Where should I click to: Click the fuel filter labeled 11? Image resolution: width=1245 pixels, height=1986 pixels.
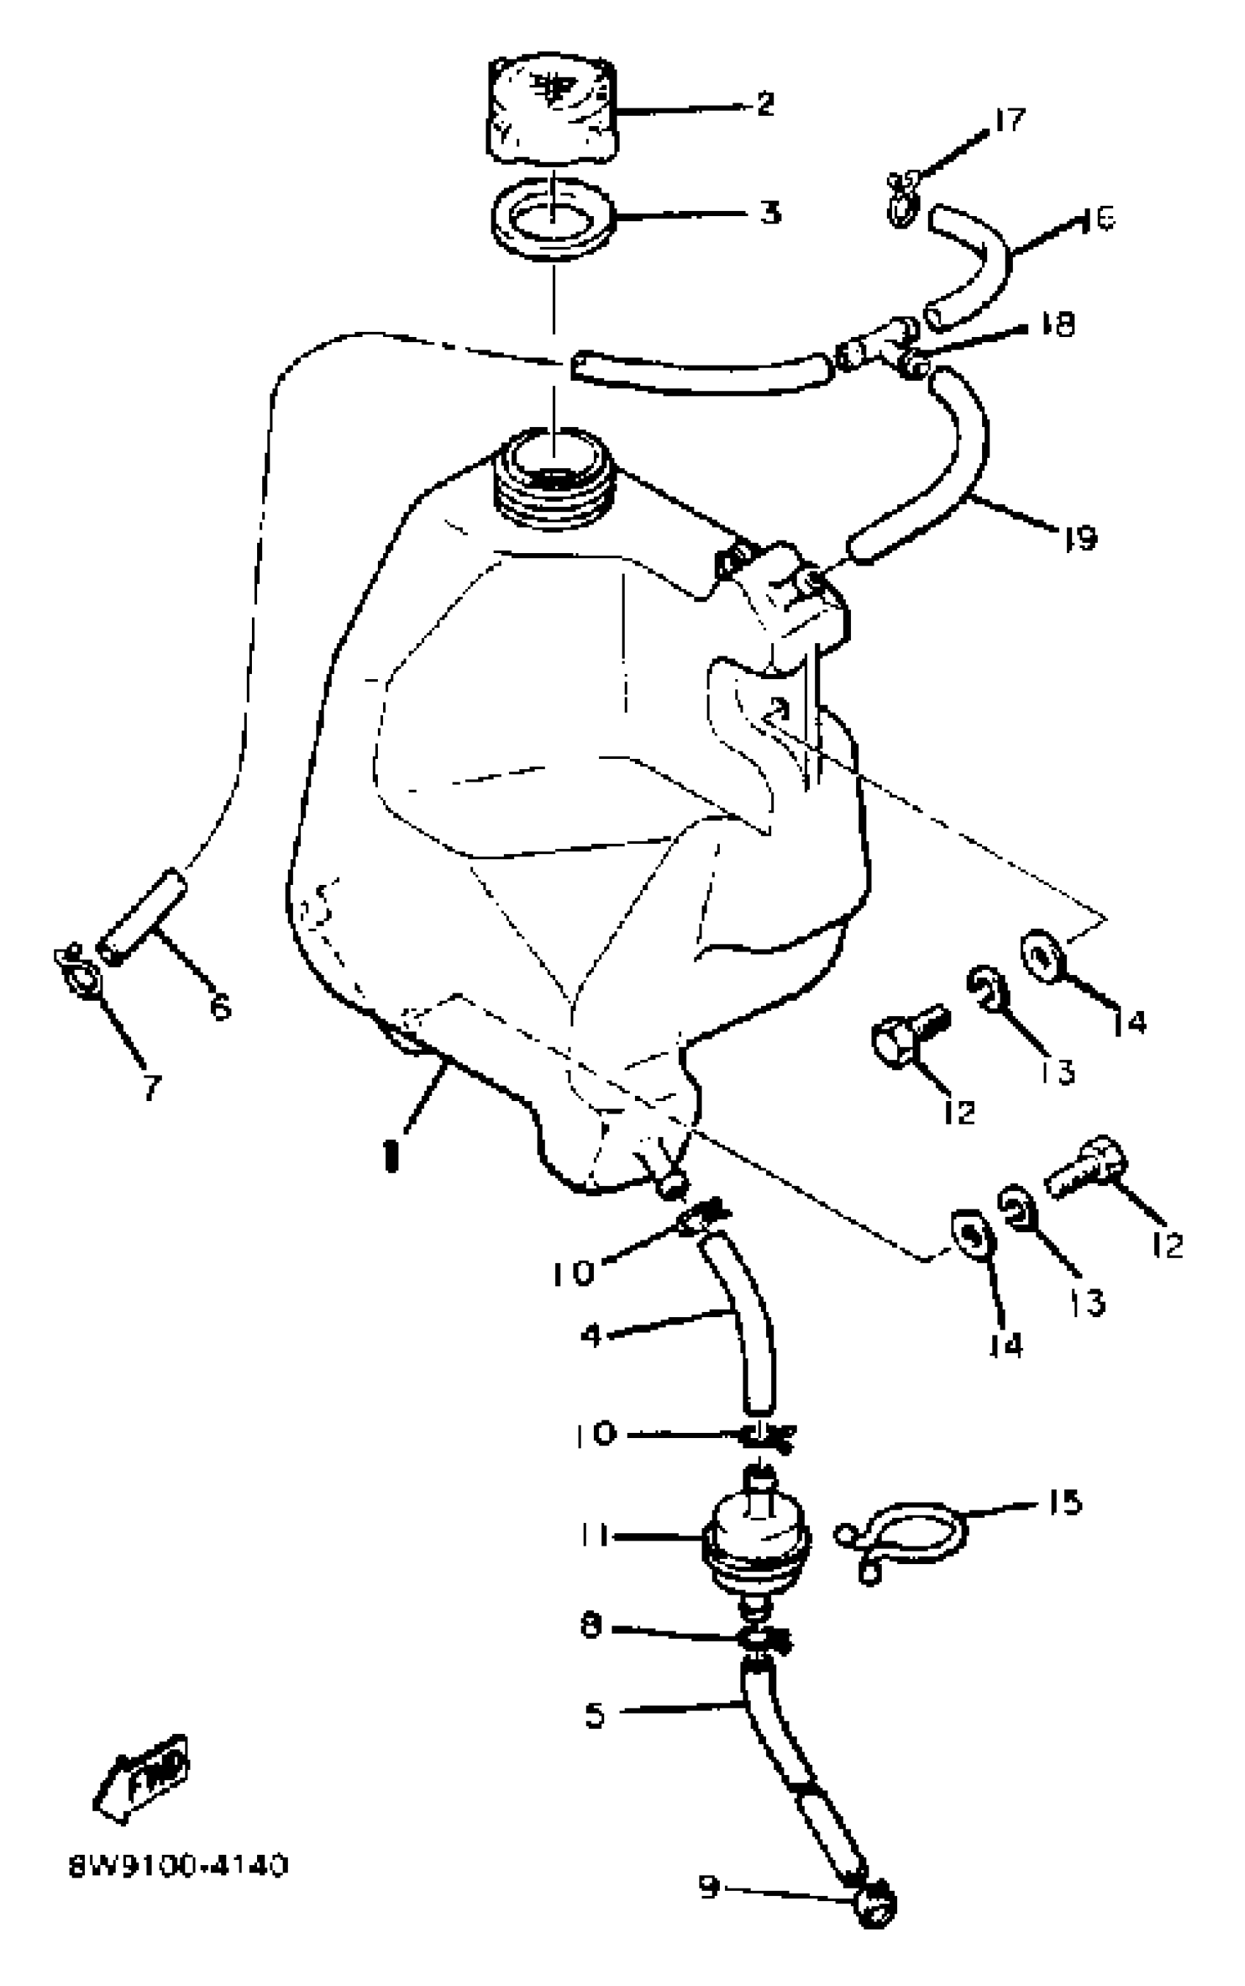pos(755,1537)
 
